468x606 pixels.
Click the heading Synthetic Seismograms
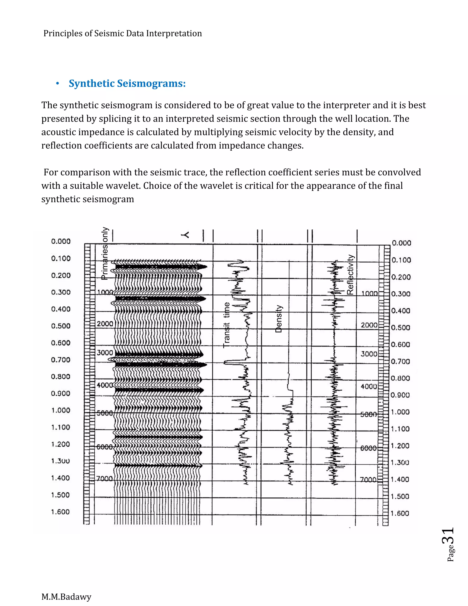click(127, 83)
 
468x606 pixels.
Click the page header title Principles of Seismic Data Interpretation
click(122, 34)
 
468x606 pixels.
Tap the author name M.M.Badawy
click(66, 596)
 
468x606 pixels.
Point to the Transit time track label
click(226, 325)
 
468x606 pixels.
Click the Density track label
click(279, 319)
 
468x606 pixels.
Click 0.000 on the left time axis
click(61, 241)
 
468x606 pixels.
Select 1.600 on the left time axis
click(60, 512)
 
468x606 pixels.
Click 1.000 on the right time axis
click(400, 412)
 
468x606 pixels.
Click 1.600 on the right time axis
click(400, 513)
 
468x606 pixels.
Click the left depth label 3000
click(105, 353)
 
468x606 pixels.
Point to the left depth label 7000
click(104, 479)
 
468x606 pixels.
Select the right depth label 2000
click(369, 325)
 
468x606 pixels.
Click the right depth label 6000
click(368, 448)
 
